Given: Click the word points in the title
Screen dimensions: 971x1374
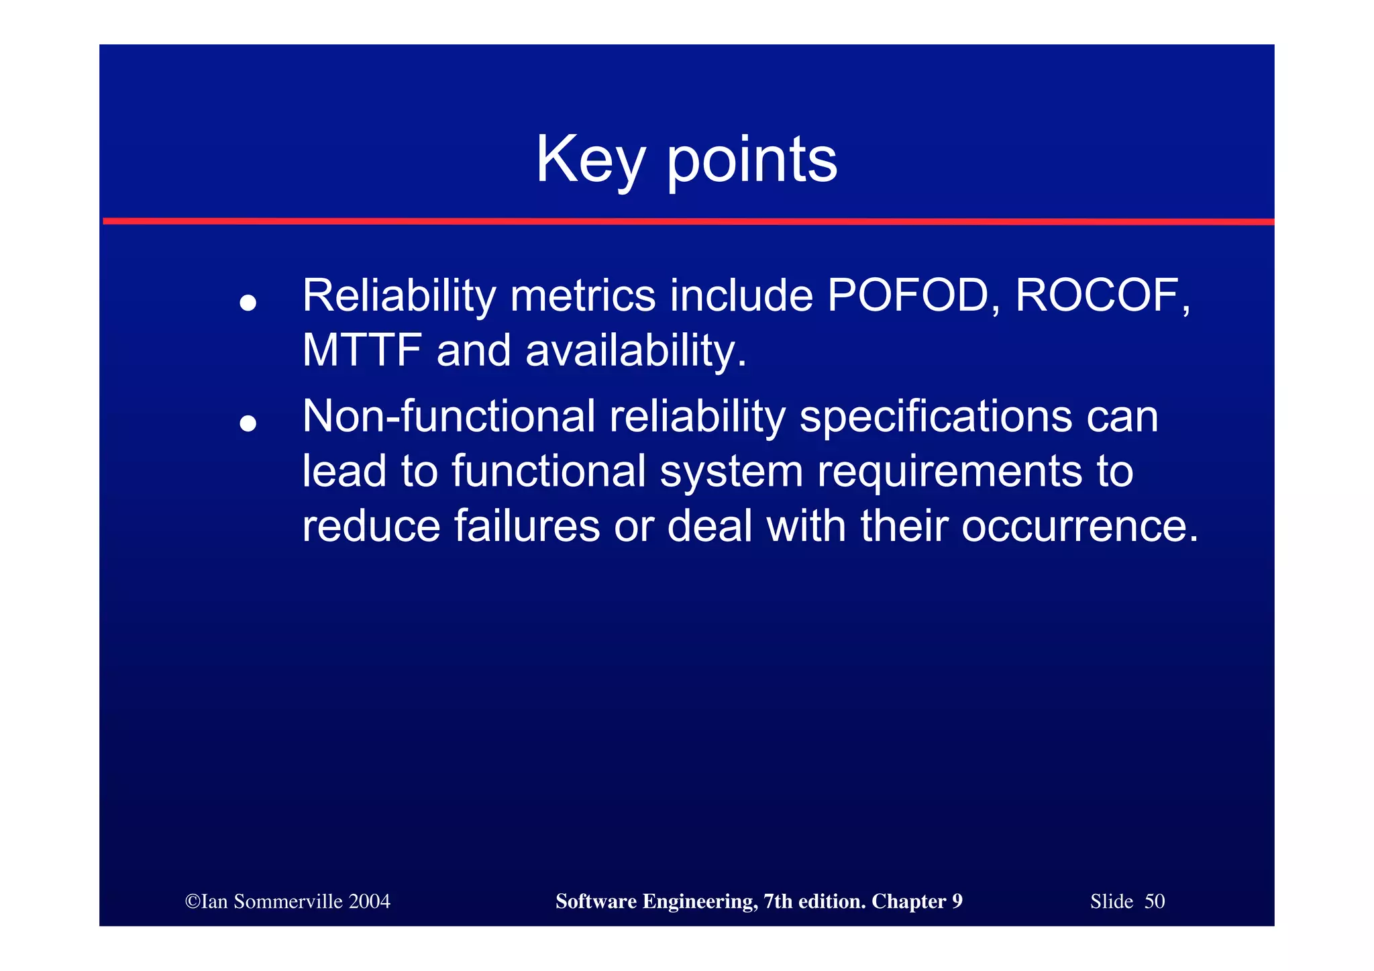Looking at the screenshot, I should pyautogui.click(x=751, y=161).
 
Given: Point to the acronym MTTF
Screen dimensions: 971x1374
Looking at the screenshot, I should pyautogui.click(x=362, y=350).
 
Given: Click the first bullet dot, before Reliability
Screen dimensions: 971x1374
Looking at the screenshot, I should pyautogui.click(x=248, y=303).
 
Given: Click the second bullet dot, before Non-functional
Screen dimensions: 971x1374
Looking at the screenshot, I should pyautogui.click(x=248, y=423).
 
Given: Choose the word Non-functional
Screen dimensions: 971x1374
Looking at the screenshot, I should pyautogui.click(x=448, y=416).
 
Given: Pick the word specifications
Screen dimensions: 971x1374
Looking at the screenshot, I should pyautogui.click(x=936, y=417).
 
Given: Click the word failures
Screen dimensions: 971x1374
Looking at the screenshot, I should pyautogui.click(x=527, y=525).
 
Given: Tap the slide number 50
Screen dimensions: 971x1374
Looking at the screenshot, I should pyautogui.click(x=1155, y=901).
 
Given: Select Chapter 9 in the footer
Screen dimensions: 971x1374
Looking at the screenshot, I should pyautogui.click(x=916, y=901).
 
